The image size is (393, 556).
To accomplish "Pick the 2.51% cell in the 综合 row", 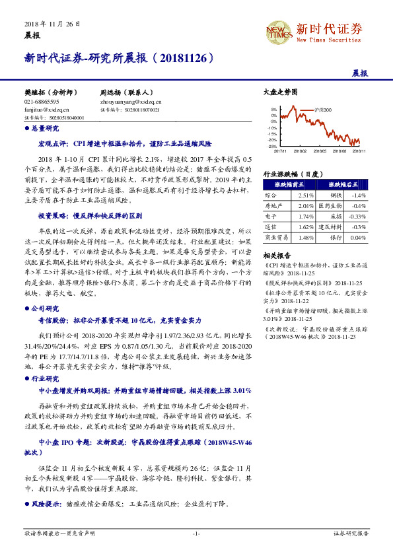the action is (305, 196).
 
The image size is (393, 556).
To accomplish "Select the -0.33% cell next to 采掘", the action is (357, 216).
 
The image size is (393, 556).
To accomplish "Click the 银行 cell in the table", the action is (336, 237).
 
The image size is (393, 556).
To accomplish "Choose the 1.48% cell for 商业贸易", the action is (305, 237).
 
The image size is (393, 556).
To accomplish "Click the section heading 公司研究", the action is (45, 308).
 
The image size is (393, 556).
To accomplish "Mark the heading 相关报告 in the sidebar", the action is (275, 255).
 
